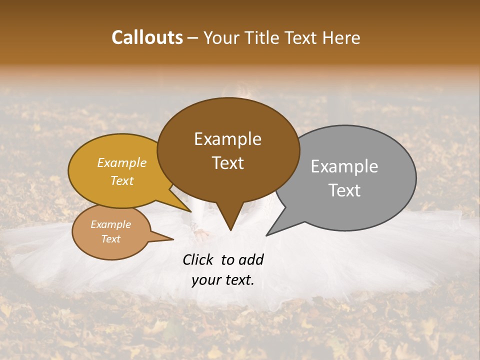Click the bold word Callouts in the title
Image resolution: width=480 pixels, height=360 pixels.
[x=147, y=37]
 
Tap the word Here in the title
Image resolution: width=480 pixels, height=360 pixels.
[x=342, y=37]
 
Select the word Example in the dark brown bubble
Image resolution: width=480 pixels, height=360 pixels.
[x=227, y=139]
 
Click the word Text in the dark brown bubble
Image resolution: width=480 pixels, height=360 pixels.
[x=227, y=163]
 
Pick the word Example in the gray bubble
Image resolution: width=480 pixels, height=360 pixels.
[x=344, y=166]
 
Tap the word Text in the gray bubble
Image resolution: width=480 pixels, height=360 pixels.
[x=344, y=190]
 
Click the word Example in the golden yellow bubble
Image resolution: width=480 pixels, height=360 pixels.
[x=122, y=162]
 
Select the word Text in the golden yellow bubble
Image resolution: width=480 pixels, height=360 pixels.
[x=122, y=180]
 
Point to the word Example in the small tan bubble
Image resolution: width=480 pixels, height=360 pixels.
[x=110, y=224]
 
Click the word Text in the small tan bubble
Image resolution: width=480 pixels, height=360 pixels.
[x=110, y=239]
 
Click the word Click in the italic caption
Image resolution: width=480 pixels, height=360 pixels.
[x=199, y=259]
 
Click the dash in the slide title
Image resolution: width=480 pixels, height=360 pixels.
[x=193, y=38]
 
